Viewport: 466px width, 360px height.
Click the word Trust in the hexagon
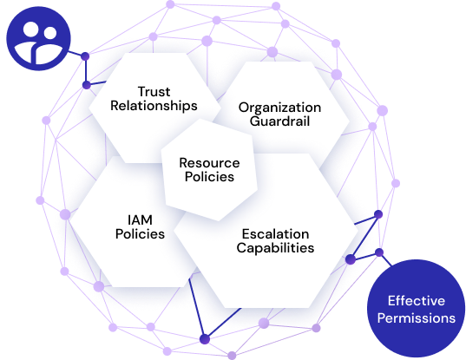click(x=154, y=91)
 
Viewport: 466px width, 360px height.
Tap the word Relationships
click(x=154, y=106)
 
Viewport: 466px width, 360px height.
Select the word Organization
click(x=279, y=108)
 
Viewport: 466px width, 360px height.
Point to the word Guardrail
click(x=279, y=121)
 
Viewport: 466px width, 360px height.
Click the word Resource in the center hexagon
click(x=209, y=163)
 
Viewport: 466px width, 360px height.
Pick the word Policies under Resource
click(x=209, y=176)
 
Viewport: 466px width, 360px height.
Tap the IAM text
click(x=140, y=220)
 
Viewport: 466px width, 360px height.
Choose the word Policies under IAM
click(x=140, y=233)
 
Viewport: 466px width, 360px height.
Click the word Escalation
click(x=275, y=234)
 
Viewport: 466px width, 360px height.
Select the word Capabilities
click(x=275, y=248)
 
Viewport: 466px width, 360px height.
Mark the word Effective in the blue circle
click(x=416, y=301)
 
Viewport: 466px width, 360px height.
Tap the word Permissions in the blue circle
click(x=416, y=318)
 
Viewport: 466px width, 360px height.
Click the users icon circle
click(x=39, y=39)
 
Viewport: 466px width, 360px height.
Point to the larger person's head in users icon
click(x=31, y=30)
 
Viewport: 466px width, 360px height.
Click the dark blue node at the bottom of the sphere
click(x=205, y=339)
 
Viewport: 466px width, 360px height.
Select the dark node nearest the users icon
click(x=85, y=56)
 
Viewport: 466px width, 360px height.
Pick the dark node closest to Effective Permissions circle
click(x=379, y=252)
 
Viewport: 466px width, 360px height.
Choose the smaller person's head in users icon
click(x=49, y=33)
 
